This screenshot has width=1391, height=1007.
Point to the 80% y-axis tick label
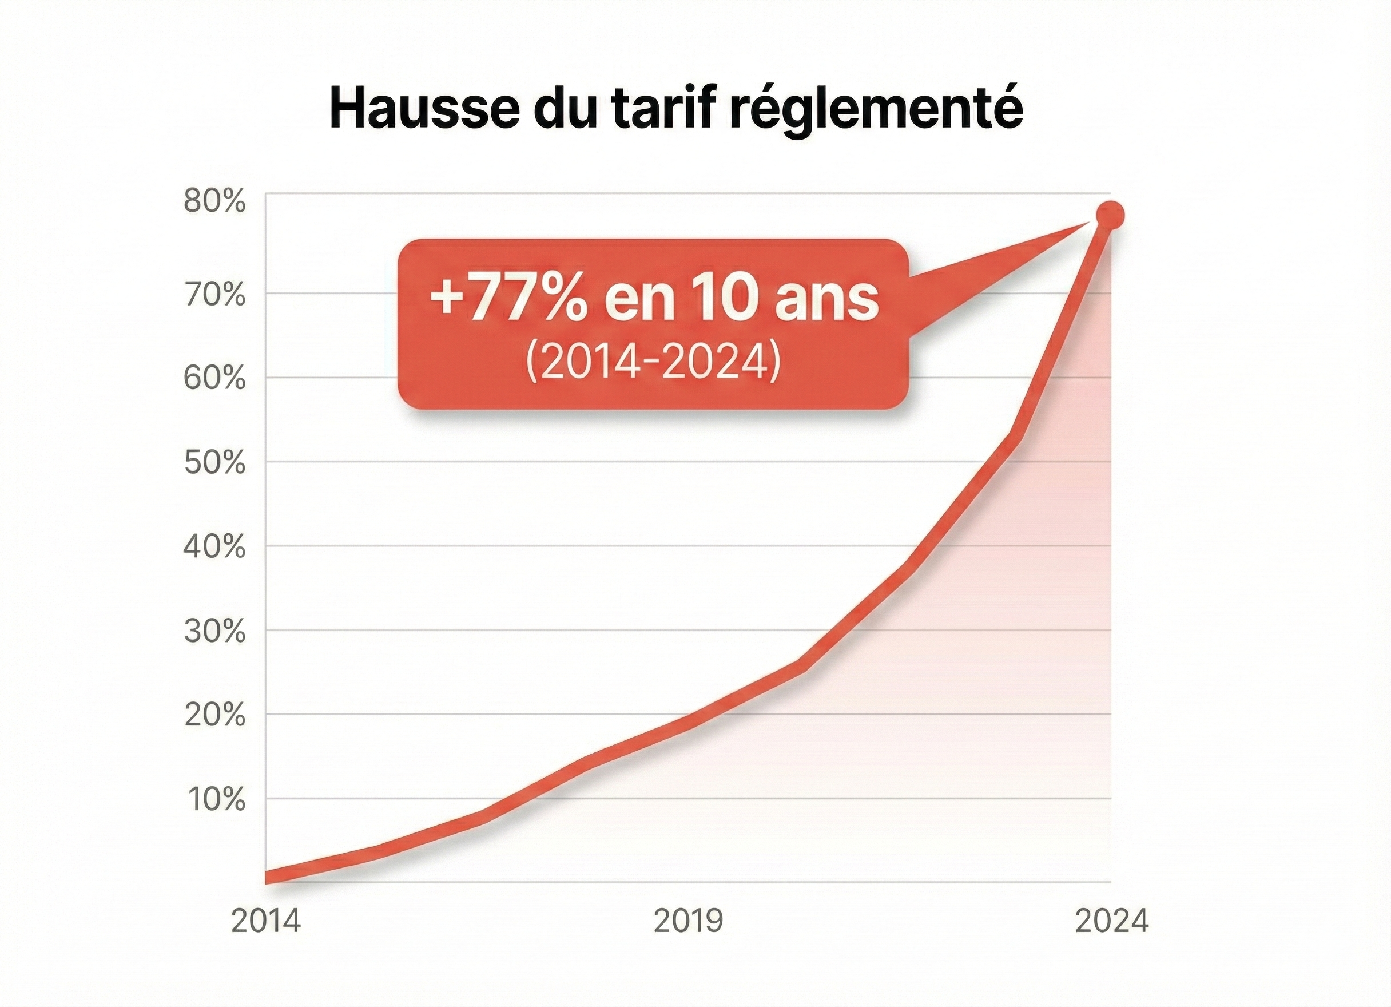(214, 202)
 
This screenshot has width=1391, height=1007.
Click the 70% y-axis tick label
(214, 295)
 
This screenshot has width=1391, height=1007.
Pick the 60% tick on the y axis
(214, 379)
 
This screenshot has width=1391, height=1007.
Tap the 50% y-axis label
(214, 463)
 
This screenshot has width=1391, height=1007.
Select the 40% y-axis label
(214, 548)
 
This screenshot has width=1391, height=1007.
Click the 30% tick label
(214, 632)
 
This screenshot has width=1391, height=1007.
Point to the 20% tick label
(214, 716)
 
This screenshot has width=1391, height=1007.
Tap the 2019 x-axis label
(688, 921)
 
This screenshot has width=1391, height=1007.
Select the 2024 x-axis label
(1111, 921)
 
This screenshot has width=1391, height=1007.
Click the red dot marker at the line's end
(1111, 215)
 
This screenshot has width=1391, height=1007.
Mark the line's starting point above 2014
(268, 878)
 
